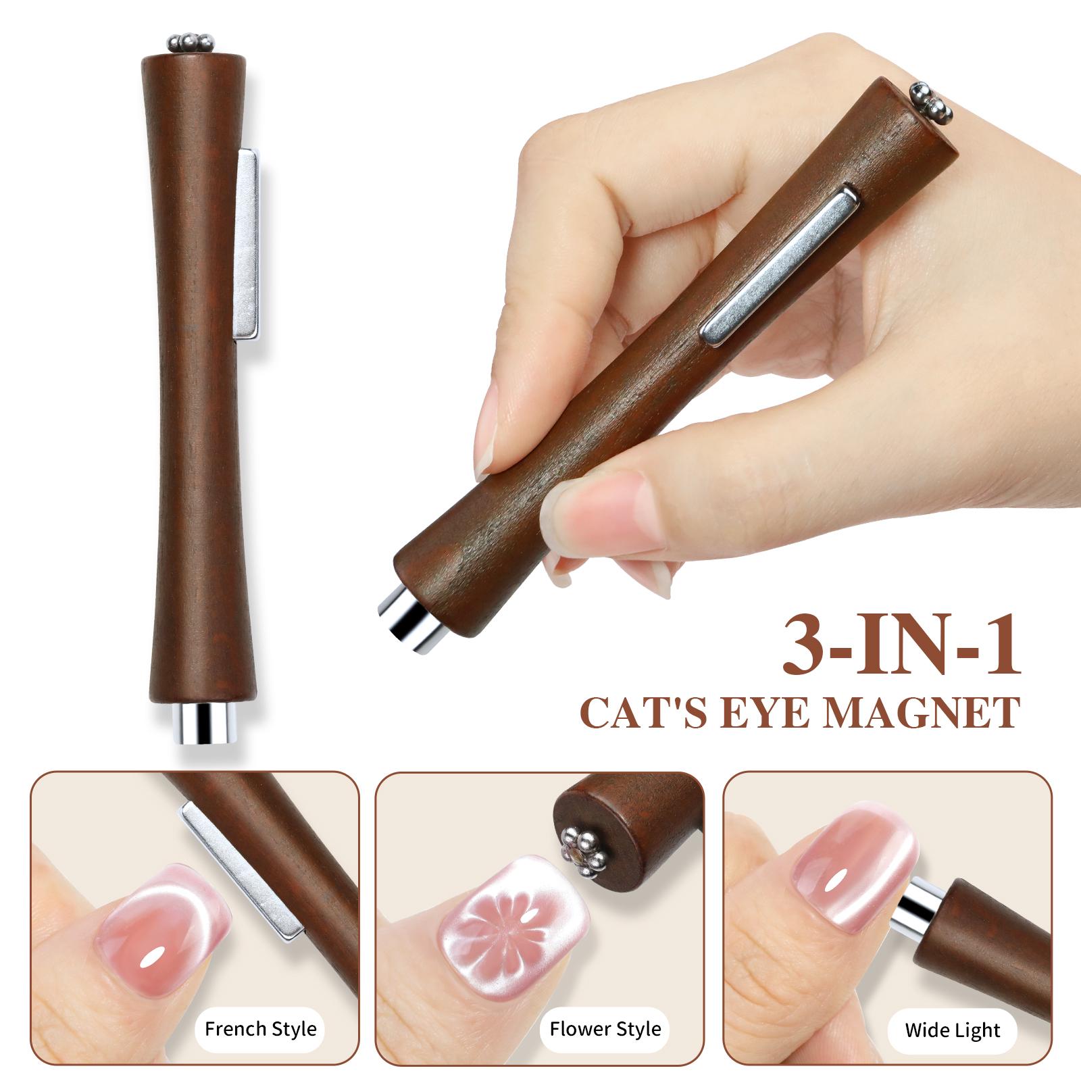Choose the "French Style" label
point(260,1029)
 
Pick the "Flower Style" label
point(605,1029)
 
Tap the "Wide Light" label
point(953,1030)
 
